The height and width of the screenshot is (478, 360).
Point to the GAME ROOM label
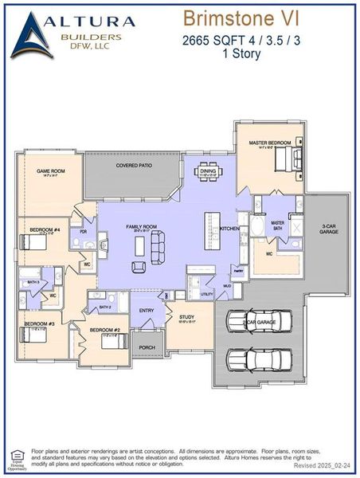pyautogui.click(x=50, y=170)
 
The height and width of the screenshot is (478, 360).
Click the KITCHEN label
pyautogui.click(x=229, y=229)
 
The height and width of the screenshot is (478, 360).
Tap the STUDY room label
pyautogui.click(x=186, y=316)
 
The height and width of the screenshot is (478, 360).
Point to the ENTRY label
pyautogui.click(x=147, y=310)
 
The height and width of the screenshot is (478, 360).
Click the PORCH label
pyautogui.click(x=147, y=347)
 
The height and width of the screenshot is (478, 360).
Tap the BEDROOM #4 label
pyautogui.click(x=45, y=230)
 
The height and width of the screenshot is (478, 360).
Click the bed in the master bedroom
pyautogui.click(x=284, y=161)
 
